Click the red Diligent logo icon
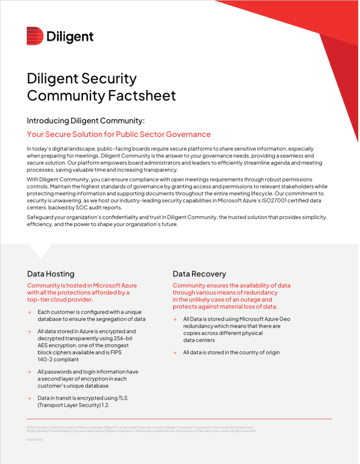[35, 36]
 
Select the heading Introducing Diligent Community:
[86, 121]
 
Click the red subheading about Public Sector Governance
[119, 134]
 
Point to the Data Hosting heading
[51, 274]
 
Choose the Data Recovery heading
[199, 274]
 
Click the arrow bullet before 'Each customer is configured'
[29, 312]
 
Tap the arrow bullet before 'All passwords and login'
[29, 372]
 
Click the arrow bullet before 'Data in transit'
[29, 398]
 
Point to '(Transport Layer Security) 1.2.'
[74, 405]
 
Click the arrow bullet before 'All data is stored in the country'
[174, 353]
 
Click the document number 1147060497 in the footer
[35, 440]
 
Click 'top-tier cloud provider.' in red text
[60, 300]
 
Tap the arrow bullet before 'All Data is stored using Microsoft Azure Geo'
[174, 319]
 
